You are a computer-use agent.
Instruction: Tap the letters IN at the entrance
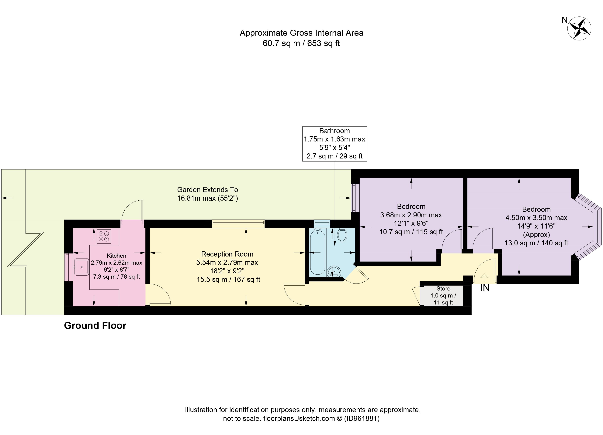coord(485,288)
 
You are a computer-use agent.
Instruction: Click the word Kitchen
coord(116,256)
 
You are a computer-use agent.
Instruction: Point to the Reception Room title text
coord(227,254)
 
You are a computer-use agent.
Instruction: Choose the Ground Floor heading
coord(95,326)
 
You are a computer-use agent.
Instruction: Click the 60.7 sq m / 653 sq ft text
coord(301,43)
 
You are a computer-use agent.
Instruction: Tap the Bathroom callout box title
coord(334,131)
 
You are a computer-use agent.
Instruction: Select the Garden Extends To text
coord(208,190)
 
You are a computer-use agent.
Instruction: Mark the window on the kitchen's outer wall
coord(67,267)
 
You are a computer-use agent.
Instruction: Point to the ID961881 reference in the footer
coord(362,419)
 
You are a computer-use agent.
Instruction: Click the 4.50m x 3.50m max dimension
coord(536,218)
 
